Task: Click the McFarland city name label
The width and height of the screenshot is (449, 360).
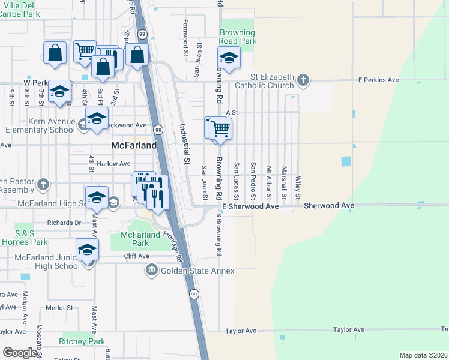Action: (x=134, y=145)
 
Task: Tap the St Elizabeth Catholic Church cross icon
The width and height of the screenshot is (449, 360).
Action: (x=304, y=80)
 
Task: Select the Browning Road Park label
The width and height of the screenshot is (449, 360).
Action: (x=238, y=37)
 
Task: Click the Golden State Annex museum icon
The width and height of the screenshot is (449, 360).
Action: (x=151, y=271)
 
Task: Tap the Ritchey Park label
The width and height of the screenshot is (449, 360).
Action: (x=82, y=341)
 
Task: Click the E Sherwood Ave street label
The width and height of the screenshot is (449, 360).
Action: (x=250, y=206)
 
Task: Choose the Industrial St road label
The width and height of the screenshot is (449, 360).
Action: (x=185, y=145)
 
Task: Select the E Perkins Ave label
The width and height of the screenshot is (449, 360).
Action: (x=378, y=80)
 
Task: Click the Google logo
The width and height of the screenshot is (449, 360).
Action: (x=20, y=353)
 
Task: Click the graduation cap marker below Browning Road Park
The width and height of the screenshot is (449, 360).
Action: (x=229, y=59)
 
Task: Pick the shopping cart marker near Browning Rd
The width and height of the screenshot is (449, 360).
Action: (x=220, y=128)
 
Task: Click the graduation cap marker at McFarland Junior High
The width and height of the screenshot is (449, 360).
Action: (x=87, y=250)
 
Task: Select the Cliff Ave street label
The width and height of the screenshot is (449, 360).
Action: (x=136, y=256)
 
